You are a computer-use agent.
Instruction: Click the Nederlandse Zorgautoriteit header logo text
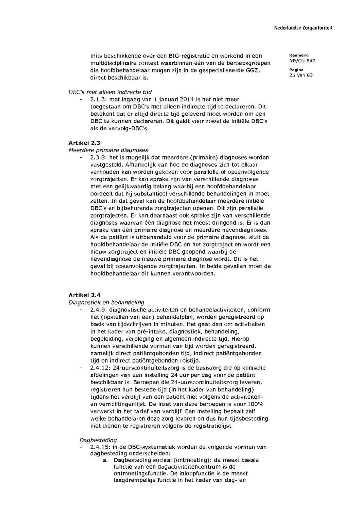pyautogui.click(x=303, y=28)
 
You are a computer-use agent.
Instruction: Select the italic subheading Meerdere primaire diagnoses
pyautogui.click(x=108, y=150)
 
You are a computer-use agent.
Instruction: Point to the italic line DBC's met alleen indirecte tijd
pyautogui.click(x=110, y=92)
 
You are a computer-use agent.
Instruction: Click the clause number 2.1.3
pyautogui.click(x=98, y=100)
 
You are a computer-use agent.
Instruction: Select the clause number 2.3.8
pyautogui.click(x=98, y=157)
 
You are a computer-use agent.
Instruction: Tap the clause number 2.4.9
pyautogui.click(x=98, y=309)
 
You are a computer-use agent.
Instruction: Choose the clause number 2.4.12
pyautogui.click(x=100, y=367)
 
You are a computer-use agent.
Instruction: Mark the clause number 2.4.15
pyautogui.click(x=100, y=447)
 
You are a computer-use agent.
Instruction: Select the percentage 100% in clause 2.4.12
pyautogui.click(x=256, y=404)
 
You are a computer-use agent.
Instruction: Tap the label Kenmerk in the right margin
pyautogui.click(x=296, y=55)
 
